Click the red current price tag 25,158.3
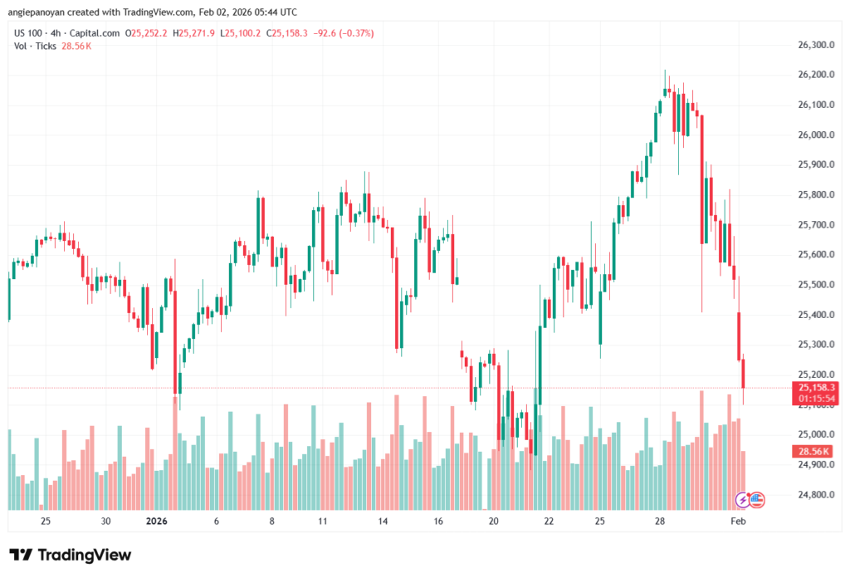(815, 388)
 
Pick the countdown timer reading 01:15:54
(815, 399)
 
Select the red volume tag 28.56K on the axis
(814, 450)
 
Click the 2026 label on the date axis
(157, 522)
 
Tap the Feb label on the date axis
(737, 522)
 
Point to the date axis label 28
(660, 522)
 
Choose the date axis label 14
(383, 522)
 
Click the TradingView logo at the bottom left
(71, 555)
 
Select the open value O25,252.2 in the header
(146, 33)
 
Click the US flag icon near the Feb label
(756, 500)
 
